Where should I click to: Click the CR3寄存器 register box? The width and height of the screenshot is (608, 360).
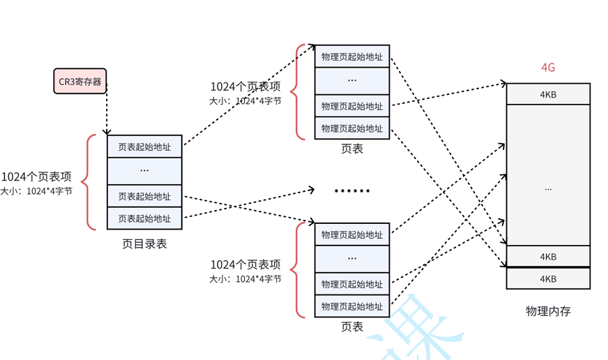(80, 81)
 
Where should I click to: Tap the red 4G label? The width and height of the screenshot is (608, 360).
(548, 68)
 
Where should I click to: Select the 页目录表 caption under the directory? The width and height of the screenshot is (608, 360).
(144, 244)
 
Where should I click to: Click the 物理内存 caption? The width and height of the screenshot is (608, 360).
(548, 311)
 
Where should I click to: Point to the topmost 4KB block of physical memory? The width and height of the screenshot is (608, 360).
(548, 94)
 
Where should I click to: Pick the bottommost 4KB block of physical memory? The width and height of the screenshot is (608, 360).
(548, 278)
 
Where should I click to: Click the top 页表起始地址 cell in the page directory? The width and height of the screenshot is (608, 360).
(144, 147)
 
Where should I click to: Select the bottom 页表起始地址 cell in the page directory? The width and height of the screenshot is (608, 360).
(144, 218)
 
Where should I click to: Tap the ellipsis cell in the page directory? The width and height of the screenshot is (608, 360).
(144, 171)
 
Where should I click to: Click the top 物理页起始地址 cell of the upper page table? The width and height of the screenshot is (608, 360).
(352, 57)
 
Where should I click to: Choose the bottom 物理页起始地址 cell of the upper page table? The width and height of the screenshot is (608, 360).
(352, 128)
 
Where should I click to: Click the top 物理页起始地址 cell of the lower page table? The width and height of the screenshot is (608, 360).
(352, 235)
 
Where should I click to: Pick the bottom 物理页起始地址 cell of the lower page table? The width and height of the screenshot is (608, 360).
(352, 306)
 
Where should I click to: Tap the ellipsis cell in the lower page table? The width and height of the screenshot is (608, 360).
(352, 259)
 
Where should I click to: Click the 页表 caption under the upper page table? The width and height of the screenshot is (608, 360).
(352, 149)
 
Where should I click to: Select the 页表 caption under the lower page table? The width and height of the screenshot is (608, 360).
(352, 327)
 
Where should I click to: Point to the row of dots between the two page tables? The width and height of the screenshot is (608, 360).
(352, 190)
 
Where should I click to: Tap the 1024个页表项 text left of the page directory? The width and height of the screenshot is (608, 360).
(36, 177)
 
